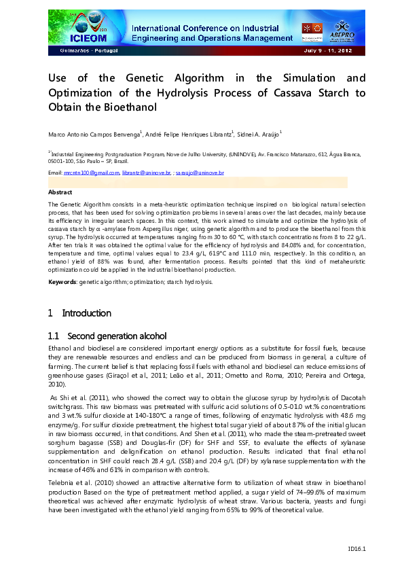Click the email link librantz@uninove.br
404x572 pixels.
(147, 174)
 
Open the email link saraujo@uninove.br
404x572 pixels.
(200, 174)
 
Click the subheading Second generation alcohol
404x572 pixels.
(117, 336)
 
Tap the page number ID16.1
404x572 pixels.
(356, 548)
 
